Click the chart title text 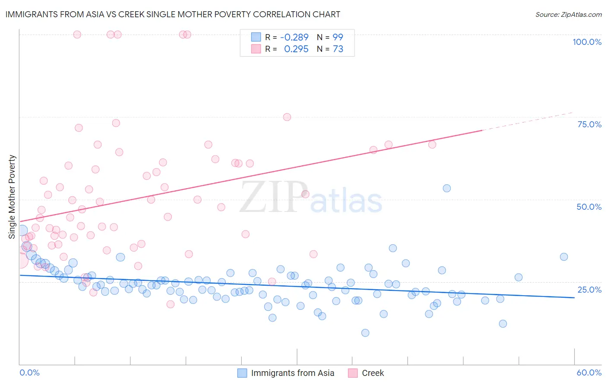[x=173, y=14]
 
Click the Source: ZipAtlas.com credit [x=568, y=14]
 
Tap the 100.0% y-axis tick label [x=587, y=42]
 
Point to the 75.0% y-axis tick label [x=589, y=124]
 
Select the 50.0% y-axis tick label [x=589, y=207]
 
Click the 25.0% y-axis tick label [x=589, y=289]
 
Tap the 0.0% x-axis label [x=29, y=372]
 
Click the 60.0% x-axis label [x=589, y=372]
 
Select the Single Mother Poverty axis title [x=12, y=197]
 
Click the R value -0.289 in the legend [x=294, y=38]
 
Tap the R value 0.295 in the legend [x=296, y=49]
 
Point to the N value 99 [x=338, y=38]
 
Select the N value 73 [x=338, y=49]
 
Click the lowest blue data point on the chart [x=365, y=333]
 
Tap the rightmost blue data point [x=564, y=257]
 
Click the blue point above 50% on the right [x=447, y=188]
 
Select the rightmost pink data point [x=432, y=145]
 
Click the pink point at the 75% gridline [x=287, y=117]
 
